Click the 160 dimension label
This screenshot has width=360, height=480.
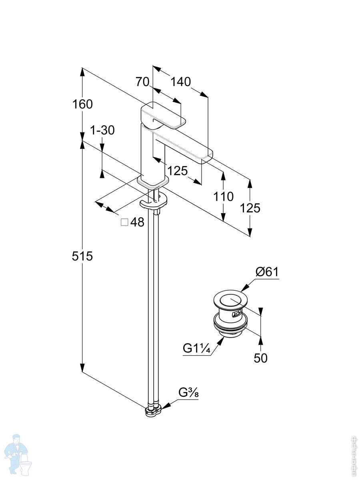click(x=82, y=104)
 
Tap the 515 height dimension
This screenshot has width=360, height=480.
click(x=82, y=256)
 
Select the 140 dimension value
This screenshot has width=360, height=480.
click(x=180, y=82)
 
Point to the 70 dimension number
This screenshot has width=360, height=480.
click(x=142, y=82)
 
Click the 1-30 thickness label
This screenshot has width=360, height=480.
click(x=102, y=130)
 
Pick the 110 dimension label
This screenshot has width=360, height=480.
click(x=223, y=196)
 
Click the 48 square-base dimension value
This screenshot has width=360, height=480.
click(x=137, y=222)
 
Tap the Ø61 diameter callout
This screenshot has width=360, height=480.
click(x=267, y=272)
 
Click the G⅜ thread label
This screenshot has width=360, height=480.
click(x=188, y=393)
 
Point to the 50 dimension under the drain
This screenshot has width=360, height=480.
click(x=260, y=358)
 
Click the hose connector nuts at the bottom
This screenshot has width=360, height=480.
click(x=153, y=411)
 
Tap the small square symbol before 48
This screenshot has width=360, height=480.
click(x=124, y=222)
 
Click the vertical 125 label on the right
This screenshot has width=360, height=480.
click(x=250, y=208)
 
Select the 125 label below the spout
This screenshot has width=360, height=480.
click(x=177, y=171)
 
